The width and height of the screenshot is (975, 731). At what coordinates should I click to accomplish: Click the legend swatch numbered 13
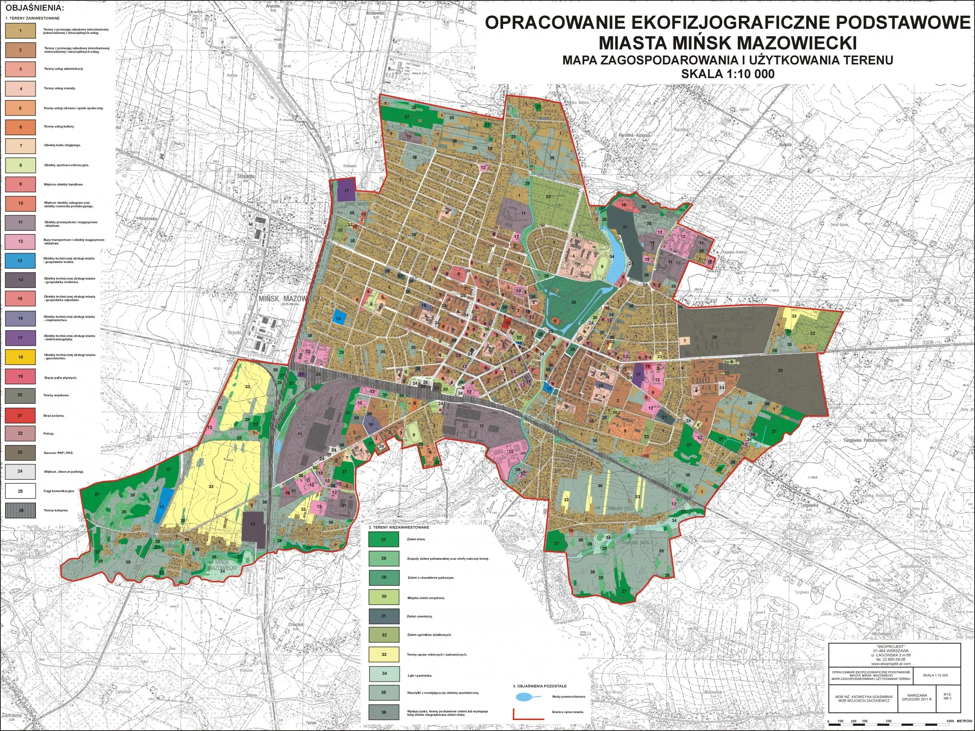20,261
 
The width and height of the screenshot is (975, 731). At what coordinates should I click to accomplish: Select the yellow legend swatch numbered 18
20,357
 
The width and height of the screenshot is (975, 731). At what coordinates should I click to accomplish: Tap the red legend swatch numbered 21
20,415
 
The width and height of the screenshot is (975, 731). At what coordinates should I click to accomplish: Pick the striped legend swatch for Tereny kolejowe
20,510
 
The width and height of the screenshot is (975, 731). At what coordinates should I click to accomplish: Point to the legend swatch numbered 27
384,539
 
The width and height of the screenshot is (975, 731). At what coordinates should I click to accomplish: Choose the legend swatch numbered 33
384,654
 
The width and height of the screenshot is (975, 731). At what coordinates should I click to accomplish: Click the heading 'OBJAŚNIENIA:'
34,8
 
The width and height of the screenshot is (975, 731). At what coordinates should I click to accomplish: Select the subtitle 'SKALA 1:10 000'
727,74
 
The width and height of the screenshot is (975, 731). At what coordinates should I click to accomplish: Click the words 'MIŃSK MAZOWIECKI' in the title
727,43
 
